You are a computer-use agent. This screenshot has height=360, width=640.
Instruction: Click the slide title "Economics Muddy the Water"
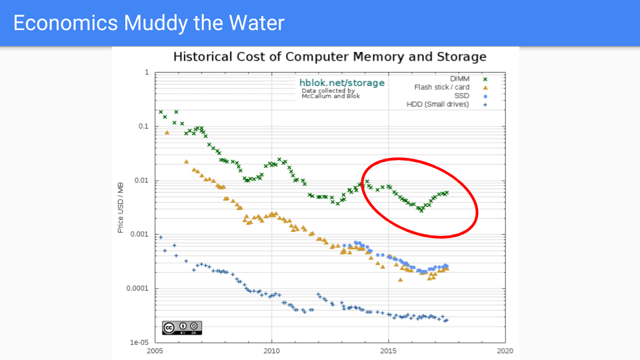click(x=149, y=23)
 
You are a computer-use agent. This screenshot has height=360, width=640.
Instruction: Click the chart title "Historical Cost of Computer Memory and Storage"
click(x=329, y=57)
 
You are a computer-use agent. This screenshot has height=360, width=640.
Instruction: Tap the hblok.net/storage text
click(x=342, y=83)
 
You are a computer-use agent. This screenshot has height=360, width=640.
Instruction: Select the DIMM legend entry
click(x=460, y=79)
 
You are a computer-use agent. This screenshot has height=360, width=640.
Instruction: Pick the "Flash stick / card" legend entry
click(x=442, y=87)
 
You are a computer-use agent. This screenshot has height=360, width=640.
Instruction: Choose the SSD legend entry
click(x=462, y=95)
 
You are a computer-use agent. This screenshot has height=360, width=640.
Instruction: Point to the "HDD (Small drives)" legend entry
click(x=437, y=104)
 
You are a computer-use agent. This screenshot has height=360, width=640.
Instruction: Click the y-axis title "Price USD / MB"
click(x=121, y=207)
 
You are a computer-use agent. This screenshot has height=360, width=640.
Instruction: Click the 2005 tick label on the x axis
click(x=155, y=350)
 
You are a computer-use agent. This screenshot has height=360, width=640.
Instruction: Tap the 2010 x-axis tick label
click(x=271, y=350)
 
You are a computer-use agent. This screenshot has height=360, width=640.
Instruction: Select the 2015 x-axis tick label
click(x=389, y=350)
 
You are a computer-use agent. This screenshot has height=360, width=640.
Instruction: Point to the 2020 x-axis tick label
click(x=505, y=350)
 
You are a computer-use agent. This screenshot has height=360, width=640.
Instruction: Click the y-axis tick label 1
click(x=147, y=72)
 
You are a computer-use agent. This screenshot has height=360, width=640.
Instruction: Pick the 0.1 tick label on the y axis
click(x=143, y=126)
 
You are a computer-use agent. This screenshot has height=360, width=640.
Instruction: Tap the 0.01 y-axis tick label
click(x=141, y=181)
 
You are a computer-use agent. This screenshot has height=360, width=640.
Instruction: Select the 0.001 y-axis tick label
click(x=139, y=235)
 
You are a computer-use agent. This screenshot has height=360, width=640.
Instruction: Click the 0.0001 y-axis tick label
click(x=137, y=289)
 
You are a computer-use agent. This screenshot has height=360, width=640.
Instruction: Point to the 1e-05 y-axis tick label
click(x=139, y=342)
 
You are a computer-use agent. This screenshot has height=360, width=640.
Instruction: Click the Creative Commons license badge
click(x=181, y=327)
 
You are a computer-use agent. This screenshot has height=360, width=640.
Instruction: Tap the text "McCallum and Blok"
click(x=331, y=96)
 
